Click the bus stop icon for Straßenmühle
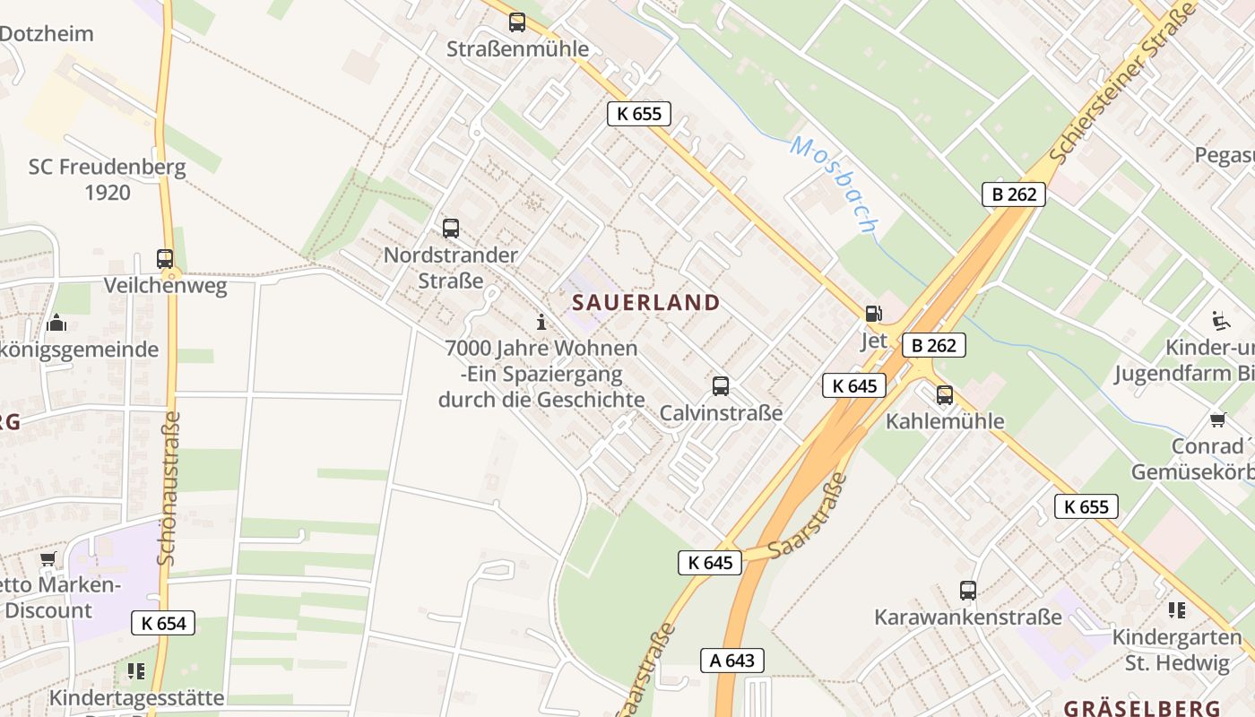point(517,22)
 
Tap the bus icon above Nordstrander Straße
point(451,229)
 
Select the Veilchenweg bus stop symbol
point(165,259)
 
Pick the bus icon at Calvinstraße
point(721,386)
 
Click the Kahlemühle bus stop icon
point(945,395)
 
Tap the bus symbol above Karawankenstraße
point(968,591)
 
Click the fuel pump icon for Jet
point(873,314)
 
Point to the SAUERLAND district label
point(646,303)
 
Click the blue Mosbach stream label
point(835,184)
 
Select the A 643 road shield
point(732,661)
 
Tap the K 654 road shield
point(163,623)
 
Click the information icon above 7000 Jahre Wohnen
point(541,322)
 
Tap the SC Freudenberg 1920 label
point(108,179)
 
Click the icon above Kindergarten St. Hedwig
point(1177,610)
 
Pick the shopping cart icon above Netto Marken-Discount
point(48,560)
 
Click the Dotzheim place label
point(47,34)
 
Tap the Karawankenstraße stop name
point(968,618)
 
